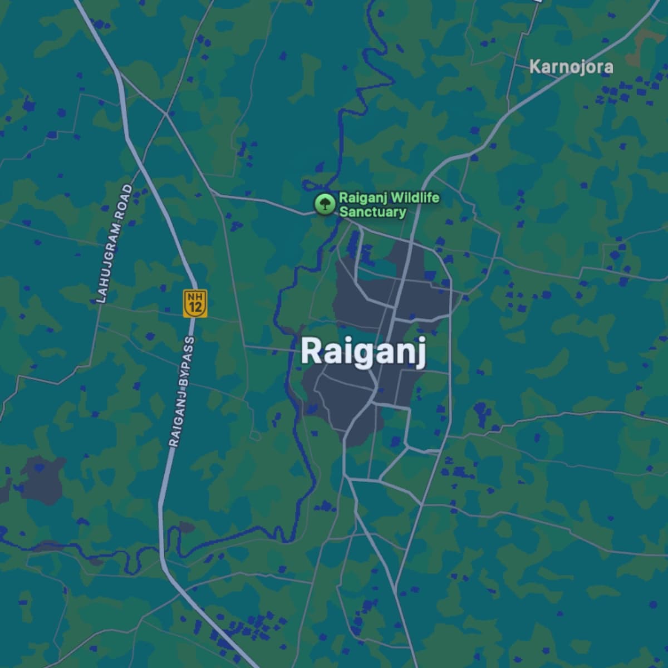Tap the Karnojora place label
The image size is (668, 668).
[571, 67]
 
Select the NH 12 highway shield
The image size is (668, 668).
[195, 303]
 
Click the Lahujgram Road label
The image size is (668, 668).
[114, 243]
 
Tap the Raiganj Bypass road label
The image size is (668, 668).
[181, 391]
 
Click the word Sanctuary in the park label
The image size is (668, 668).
[372, 212]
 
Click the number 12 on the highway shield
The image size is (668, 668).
[195, 307]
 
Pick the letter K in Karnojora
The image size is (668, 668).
[534, 67]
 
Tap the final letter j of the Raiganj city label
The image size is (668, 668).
[421, 354]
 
